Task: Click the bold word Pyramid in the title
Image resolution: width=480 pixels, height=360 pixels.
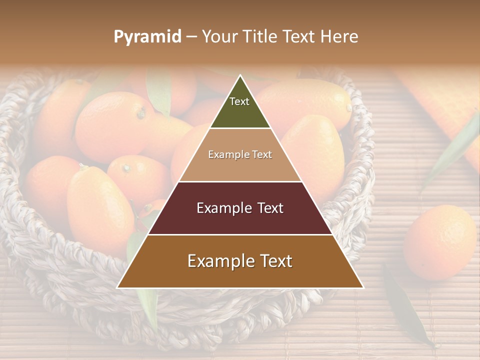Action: point(147,36)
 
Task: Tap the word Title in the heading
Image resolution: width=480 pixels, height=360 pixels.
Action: point(258,36)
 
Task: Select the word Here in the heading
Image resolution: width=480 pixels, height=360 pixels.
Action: point(339,36)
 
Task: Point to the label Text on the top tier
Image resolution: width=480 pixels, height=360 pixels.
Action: point(239,101)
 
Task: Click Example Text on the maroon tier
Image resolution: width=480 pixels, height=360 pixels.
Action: point(240,208)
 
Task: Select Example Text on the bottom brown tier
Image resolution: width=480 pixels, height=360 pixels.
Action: point(240,261)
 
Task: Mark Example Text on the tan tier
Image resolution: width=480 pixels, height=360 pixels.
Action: point(240,154)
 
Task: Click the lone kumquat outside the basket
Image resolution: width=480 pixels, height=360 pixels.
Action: point(439,242)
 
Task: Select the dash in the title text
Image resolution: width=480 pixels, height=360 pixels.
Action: point(191,37)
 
